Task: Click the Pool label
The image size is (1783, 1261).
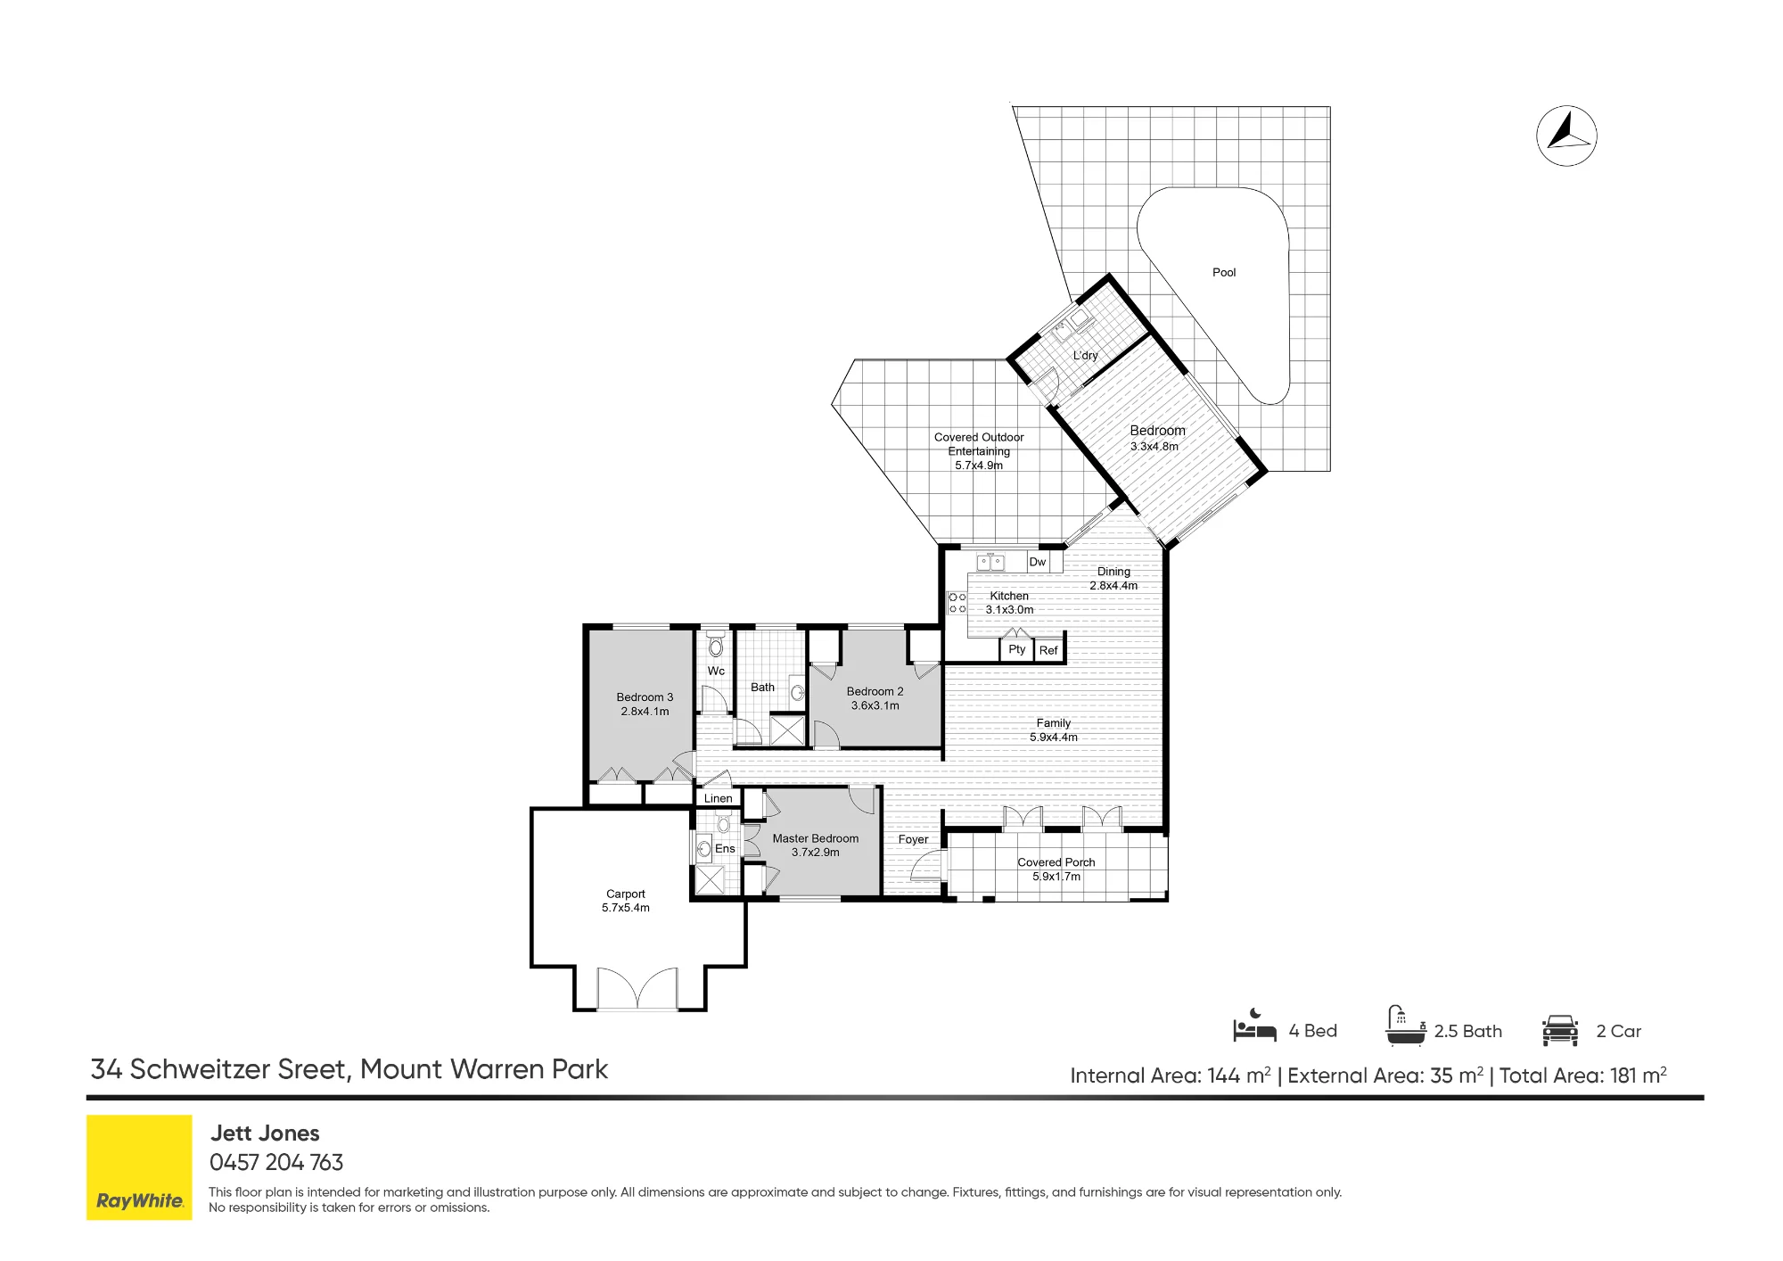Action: (x=1224, y=273)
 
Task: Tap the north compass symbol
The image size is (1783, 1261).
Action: (x=1566, y=136)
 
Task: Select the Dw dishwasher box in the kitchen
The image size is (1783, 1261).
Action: (x=1038, y=562)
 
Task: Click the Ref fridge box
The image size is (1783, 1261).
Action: (x=1048, y=651)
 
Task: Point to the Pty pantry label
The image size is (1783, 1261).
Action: (x=1017, y=649)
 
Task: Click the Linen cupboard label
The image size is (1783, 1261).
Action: (x=719, y=799)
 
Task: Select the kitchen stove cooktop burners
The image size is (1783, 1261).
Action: (x=957, y=603)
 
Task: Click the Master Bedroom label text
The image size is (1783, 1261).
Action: (x=816, y=839)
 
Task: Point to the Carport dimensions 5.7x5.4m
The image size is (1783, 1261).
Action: (x=626, y=908)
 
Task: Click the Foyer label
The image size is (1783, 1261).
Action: (x=913, y=840)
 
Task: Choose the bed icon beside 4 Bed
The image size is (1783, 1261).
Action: (x=1254, y=1026)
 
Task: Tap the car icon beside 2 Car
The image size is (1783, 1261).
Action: (x=1560, y=1030)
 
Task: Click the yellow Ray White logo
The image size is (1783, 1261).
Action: (x=139, y=1167)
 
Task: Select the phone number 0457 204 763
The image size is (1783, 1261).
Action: (x=276, y=1163)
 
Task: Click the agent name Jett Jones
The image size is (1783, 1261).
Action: (x=265, y=1133)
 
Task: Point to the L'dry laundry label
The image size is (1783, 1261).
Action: (x=1085, y=356)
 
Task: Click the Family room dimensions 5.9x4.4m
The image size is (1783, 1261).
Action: (x=1054, y=738)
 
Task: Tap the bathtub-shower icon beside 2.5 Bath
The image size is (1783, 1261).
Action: (x=1404, y=1026)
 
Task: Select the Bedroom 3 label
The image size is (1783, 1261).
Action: (x=645, y=697)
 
